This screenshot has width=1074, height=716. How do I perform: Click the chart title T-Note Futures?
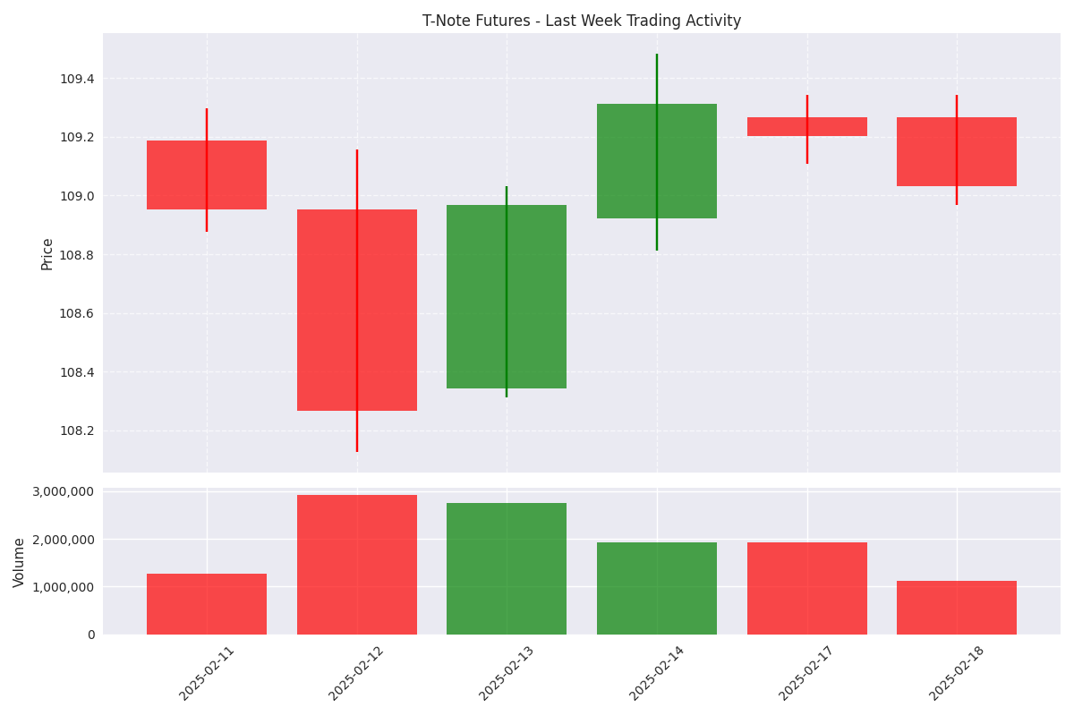click(x=582, y=21)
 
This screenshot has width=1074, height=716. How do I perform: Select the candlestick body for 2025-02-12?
click(x=357, y=310)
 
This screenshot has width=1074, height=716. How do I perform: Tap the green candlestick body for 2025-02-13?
click(x=507, y=296)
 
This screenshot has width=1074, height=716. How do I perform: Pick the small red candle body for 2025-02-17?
click(x=807, y=126)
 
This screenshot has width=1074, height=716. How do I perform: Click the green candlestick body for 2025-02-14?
click(x=657, y=161)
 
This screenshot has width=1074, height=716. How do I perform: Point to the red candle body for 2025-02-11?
click(x=207, y=175)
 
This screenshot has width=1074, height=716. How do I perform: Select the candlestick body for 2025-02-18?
click(x=957, y=151)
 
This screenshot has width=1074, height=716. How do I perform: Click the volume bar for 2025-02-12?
click(x=357, y=565)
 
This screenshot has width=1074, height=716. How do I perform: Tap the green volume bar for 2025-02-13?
click(x=507, y=568)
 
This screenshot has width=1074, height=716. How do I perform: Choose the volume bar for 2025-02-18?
click(x=957, y=608)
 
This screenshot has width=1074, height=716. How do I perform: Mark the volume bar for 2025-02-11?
click(x=207, y=604)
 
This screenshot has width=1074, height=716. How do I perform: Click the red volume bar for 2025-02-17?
click(x=807, y=588)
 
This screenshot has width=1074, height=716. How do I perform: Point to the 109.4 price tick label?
click(x=77, y=79)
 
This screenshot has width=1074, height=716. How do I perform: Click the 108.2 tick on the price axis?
click(x=77, y=430)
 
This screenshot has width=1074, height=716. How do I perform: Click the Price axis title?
click(x=47, y=253)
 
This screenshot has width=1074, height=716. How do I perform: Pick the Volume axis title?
click(x=20, y=562)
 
